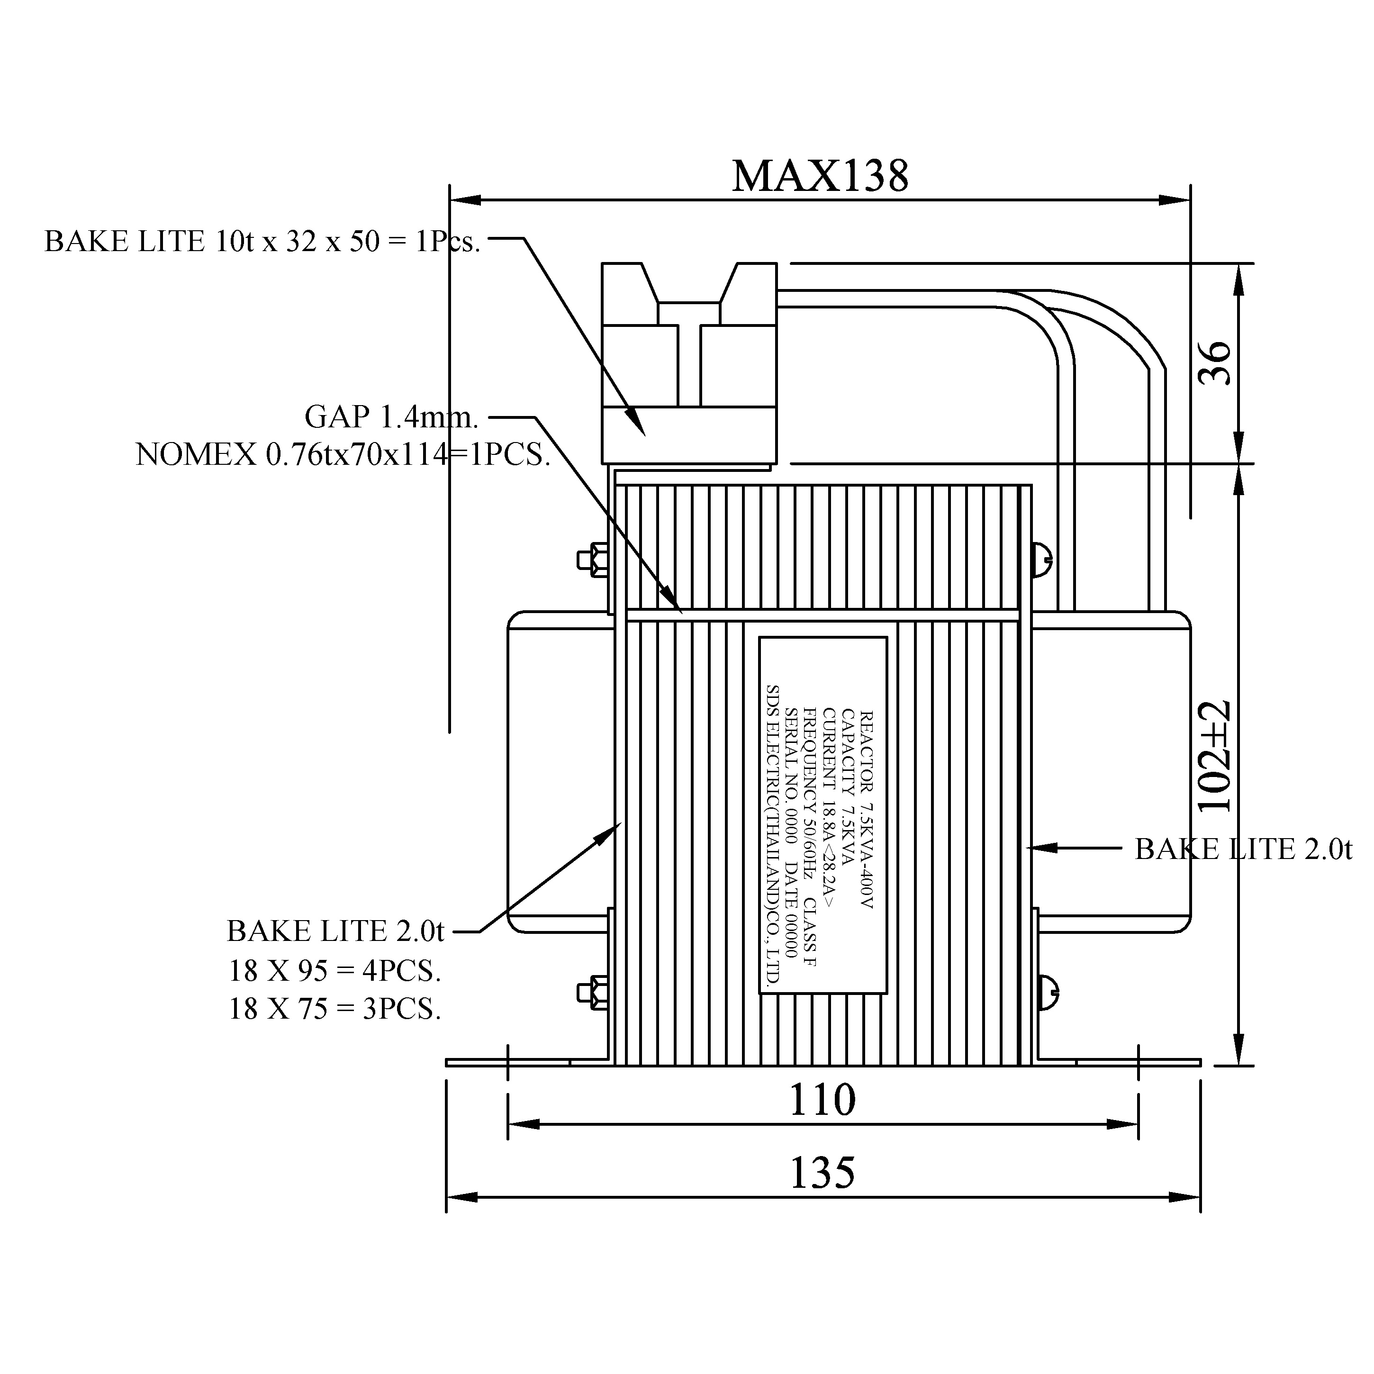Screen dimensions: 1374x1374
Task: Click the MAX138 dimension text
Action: coord(820,176)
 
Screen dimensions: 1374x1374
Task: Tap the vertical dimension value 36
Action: coord(1215,363)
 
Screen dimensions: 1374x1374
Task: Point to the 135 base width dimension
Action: coord(822,1173)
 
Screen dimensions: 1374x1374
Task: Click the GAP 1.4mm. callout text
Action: coord(391,417)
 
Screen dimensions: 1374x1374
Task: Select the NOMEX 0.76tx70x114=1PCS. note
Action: coord(343,454)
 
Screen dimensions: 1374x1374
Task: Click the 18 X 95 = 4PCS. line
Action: coord(334,971)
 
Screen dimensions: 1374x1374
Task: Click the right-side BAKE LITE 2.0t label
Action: coord(1242,849)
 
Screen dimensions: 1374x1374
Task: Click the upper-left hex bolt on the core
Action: coord(592,560)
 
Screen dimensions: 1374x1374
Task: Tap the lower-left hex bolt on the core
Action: coord(592,992)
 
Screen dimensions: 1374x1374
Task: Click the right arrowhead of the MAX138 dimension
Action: coord(1176,200)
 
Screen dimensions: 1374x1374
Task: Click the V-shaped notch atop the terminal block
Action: coord(688,284)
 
